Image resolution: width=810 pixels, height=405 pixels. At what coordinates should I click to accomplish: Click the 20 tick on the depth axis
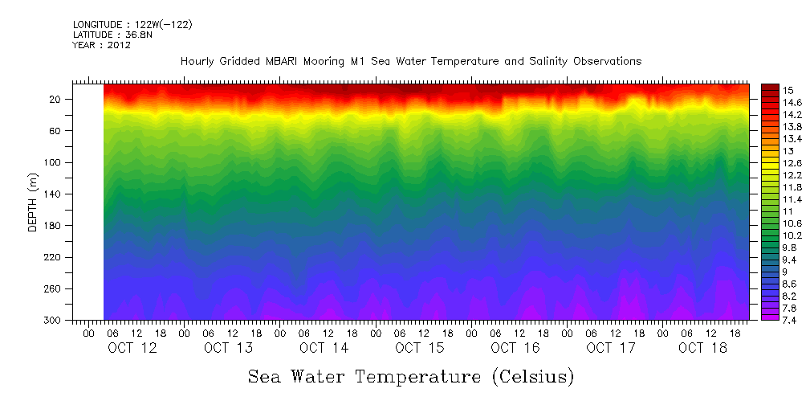point(56,99)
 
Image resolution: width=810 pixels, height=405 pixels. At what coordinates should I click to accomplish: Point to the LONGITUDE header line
point(132,25)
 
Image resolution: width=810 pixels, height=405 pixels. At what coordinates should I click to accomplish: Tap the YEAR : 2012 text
point(101,45)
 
